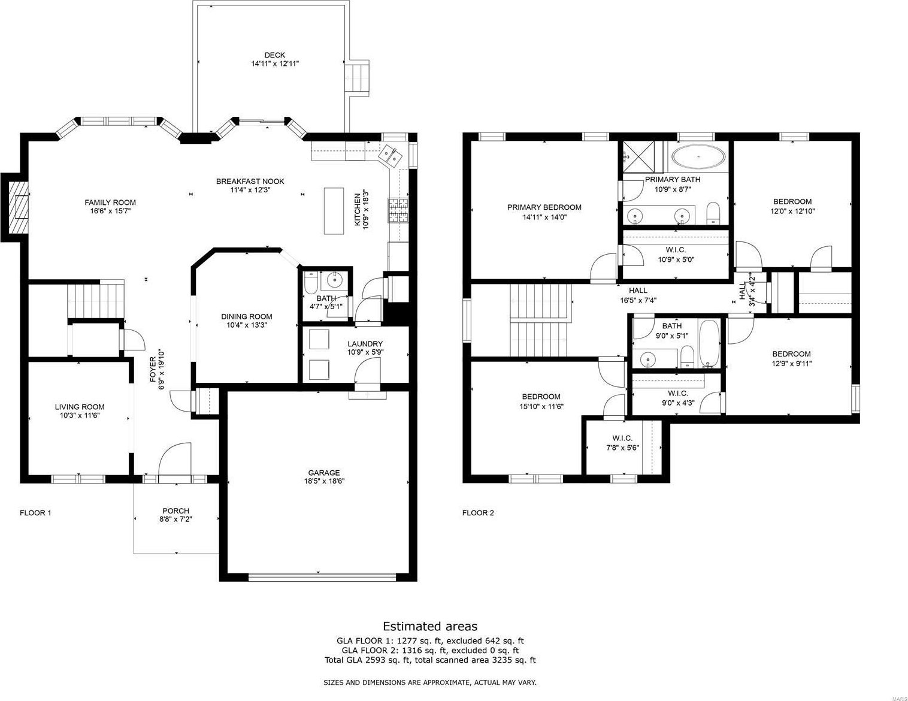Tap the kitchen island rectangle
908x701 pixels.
click(x=334, y=211)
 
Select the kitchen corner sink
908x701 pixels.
click(x=391, y=156)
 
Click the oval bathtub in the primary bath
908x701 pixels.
click(x=698, y=156)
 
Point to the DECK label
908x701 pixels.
click(x=275, y=55)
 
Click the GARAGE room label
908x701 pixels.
click(x=324, y=473)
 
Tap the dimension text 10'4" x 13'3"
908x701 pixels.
click(x=247, y=325)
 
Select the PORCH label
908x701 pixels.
click(x=176, y=511)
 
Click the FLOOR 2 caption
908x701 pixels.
click(x=478, y=513)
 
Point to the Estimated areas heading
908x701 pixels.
click(x=430, y=626)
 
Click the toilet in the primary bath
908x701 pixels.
click(x=713, y=213)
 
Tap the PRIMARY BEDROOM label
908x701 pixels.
click(x=544, y=207)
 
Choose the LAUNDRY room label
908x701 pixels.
click(x=365, y=343)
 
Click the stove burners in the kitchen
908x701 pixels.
click(x=398, y=210)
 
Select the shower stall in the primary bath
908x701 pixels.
click(x=638, y=157)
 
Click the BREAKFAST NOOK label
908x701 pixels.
click(x=250, y=182)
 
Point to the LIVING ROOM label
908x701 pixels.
click(x=80, y=407)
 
